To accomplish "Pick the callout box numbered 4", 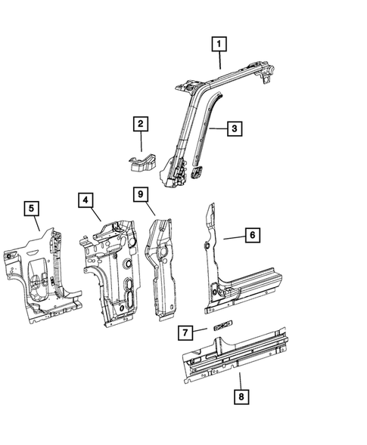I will pos(87,200).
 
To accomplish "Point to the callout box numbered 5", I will pos(31,207).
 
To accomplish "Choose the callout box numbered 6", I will pos(253,236).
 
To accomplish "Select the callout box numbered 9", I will pos(141,195).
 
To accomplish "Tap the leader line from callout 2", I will pos(141,142).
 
